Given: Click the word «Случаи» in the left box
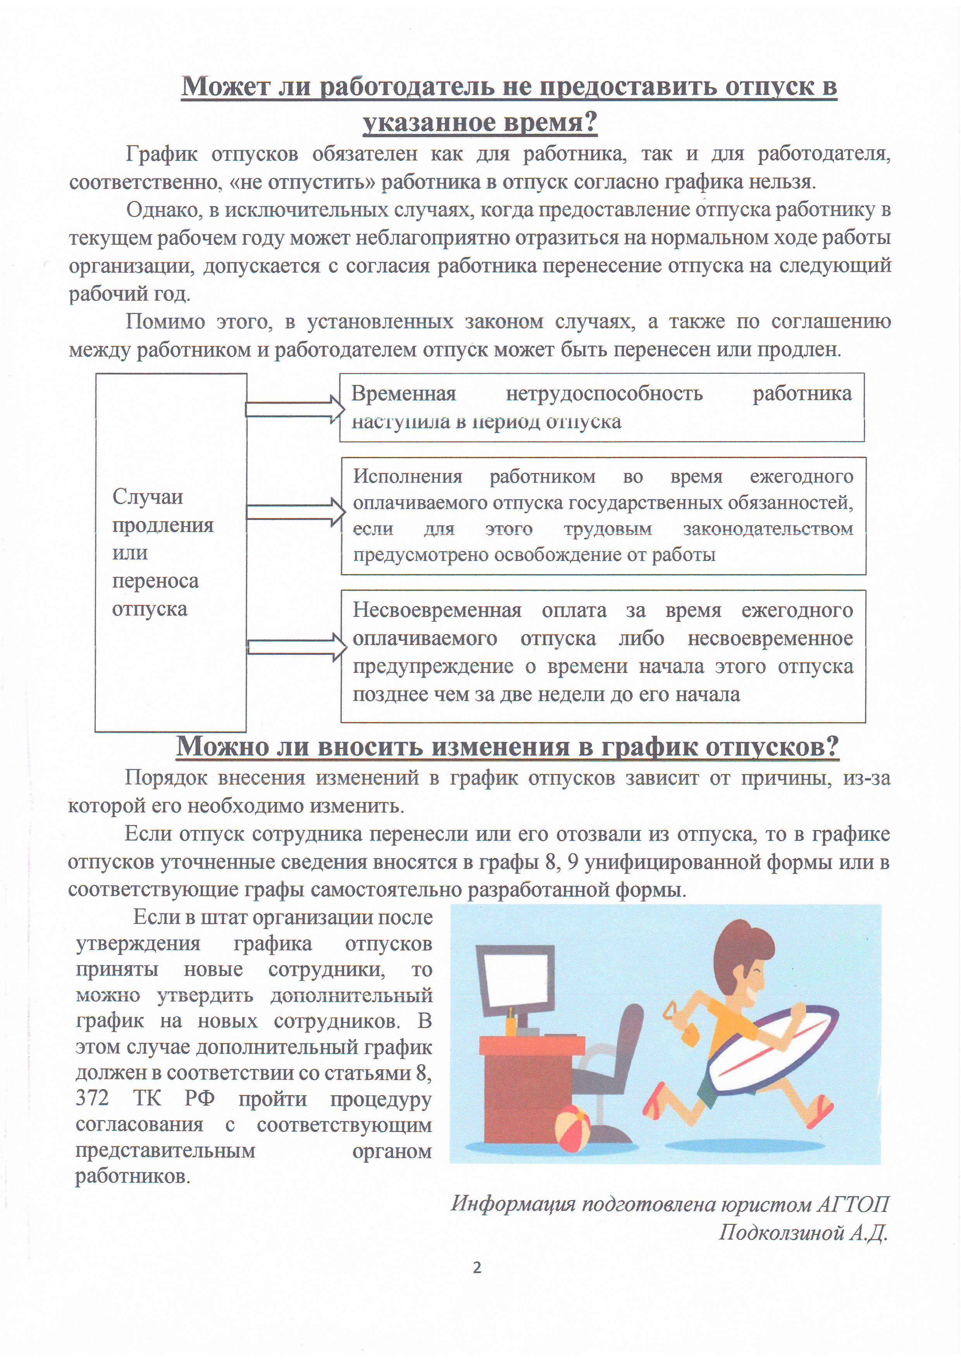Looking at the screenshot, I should pyautogui.click(x=147, y=496).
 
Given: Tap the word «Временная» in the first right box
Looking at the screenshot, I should pyautogui.click(x=403, y=394).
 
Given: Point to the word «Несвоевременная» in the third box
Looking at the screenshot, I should pyautogui.click(x=437, y=611).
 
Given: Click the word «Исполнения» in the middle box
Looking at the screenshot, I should pyautogui.click(x=407, y=476).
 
